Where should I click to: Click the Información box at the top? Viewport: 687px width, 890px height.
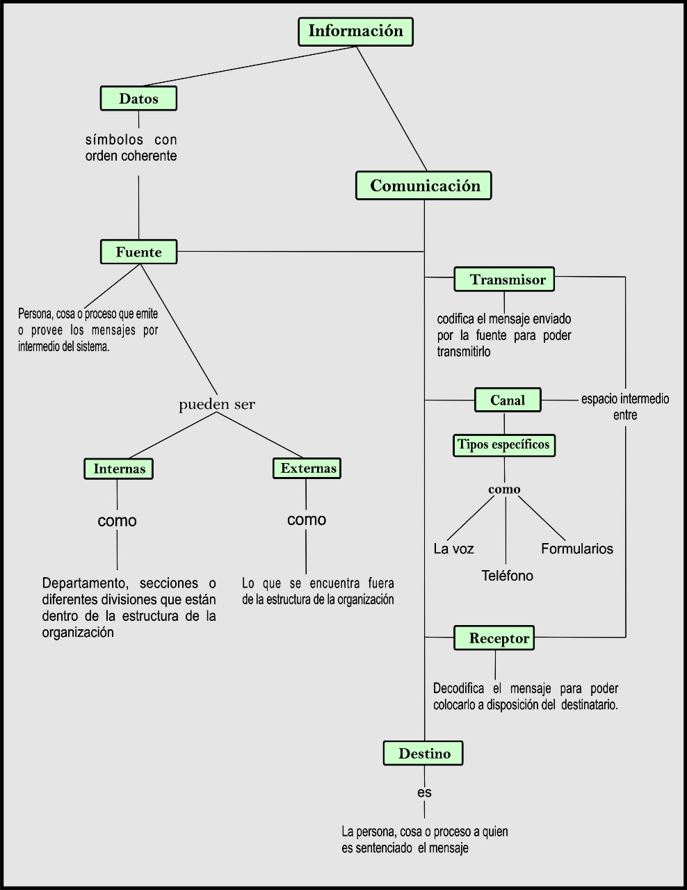click(x=355, y=32)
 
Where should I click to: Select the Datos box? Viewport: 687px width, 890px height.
click(x=138, y=99)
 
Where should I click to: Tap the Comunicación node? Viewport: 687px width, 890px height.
click(x=424, y=186)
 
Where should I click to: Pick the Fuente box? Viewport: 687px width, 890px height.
click(x=138, y=252)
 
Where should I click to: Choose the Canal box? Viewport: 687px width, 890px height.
click(x=508, y=400)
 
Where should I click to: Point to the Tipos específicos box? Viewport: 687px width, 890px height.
click(x=504, y=444)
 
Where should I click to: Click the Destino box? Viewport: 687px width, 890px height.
click(x=423, y=753)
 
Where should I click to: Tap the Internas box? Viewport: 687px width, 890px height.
click(x=118, y=469)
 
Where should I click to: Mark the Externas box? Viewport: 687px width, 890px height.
click(x=307, y=468)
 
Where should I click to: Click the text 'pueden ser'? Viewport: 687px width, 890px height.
click(x=217, y=404)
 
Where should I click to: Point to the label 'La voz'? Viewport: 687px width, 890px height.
click(x=453, y=549)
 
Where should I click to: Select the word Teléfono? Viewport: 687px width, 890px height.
click(x=507, y=576)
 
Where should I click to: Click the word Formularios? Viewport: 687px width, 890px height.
click(x=577, y=549)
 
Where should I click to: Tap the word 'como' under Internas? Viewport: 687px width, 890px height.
click(x=117, y=521)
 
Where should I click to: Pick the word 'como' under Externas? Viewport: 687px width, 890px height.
click(x=306, y=519)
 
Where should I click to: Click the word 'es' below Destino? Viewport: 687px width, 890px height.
click(x=424, y=792)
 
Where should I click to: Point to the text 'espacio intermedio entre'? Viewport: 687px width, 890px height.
click(x=625, y=407)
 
